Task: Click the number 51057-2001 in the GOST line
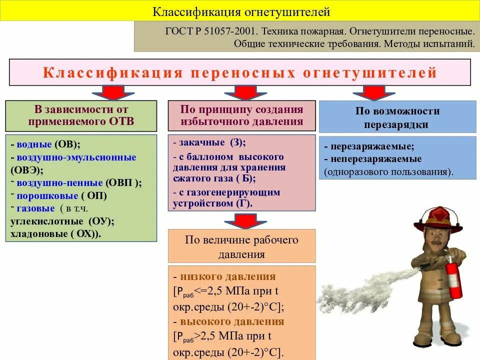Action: tap(230, 31)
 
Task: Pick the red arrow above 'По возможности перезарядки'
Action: tap(370, 92)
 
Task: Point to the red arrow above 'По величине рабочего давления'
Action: tap(242, 220)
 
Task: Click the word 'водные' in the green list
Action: tap(34, 144)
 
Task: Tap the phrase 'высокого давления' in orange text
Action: tap(232, 321)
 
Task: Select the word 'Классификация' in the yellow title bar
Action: tap(184, 10)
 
